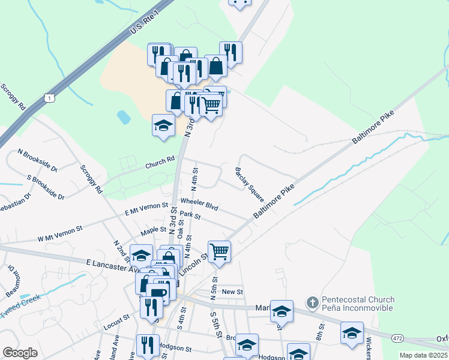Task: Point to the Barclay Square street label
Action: pos(250,184)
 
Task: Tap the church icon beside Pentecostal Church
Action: pos(312,303)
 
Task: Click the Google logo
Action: pos(20,352)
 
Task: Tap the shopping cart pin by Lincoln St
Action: pos(219,251)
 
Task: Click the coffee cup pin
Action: pos(157,293)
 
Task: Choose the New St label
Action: pos(232,292)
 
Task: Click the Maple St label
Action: pos(153,230)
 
